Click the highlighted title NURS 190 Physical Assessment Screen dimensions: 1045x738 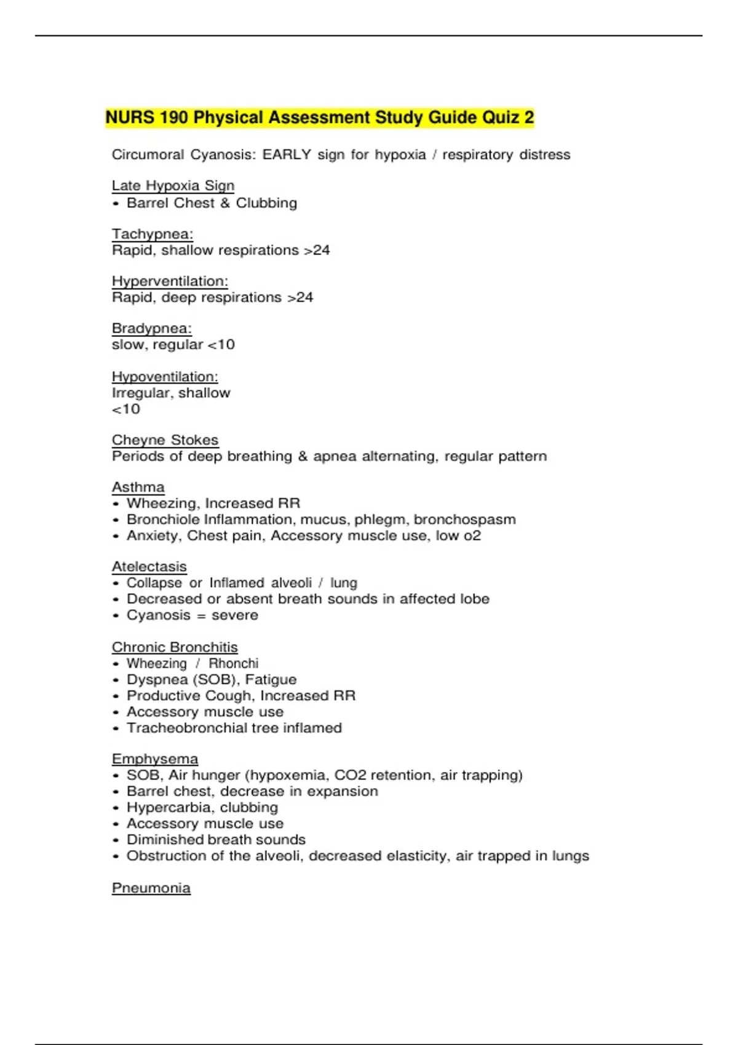coord(319,117)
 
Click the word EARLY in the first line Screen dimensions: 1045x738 coord(287,155)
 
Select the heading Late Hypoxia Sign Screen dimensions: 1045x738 coord(173,186)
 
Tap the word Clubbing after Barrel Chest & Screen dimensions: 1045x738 coord(266,203)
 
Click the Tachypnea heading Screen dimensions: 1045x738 coord(153,234)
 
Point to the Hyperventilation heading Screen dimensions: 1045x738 coord(170,282)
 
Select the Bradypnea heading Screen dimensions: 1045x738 coord(152,328)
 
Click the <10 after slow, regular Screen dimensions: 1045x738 coord(221,345)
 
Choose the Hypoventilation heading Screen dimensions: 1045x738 coord(165,377)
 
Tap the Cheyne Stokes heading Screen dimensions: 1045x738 coord(165,440)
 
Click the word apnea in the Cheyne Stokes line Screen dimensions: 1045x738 coord(335,457)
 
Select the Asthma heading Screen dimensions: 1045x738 coord(138,487)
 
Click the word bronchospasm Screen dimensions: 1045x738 coord(465,520)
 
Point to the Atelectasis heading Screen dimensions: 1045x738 coord(149,567)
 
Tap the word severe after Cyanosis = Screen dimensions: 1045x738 coord(235,615)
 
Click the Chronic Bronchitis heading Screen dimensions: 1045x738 coord(175,647)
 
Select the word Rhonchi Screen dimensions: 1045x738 coord(234,664)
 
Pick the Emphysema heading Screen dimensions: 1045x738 coord(155,759)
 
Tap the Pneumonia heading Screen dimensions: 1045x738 coord(151,888)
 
